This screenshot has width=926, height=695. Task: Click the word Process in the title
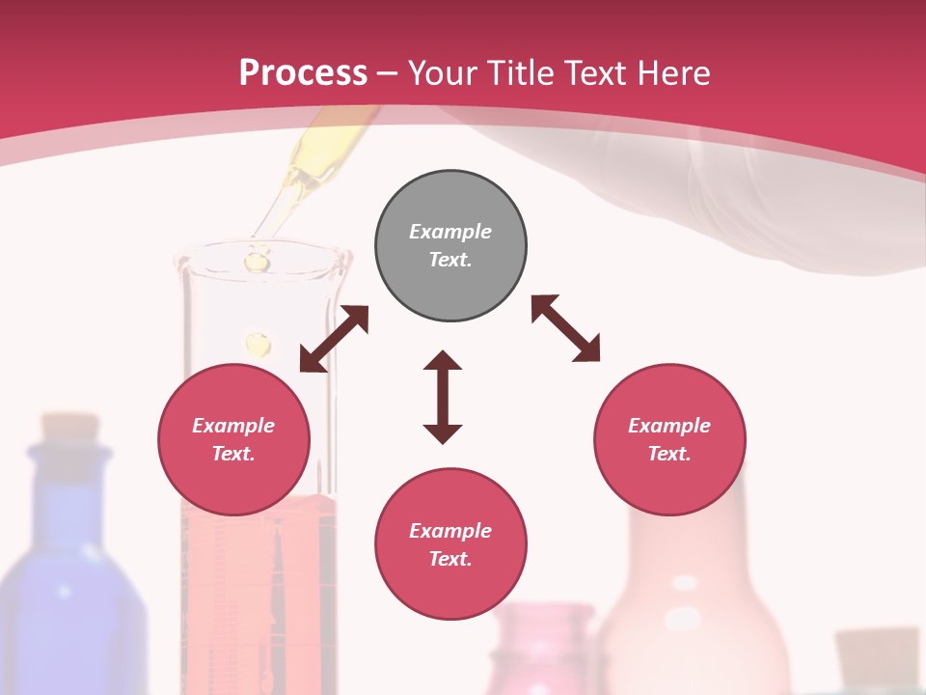pyautogui.click(x=303, y=73)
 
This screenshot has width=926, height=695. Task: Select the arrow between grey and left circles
pyautogui.click(x=334, y=339)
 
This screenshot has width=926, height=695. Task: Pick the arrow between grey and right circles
pyautogui.click(x=565, y=328)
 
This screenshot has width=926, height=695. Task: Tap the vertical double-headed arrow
pyautogui.click(x=443, y=397)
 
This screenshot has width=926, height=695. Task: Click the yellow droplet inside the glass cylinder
pyautogui.click(x=259, y=344)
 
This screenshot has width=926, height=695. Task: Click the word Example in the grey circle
pyautogui.click(x=450, y=232)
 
